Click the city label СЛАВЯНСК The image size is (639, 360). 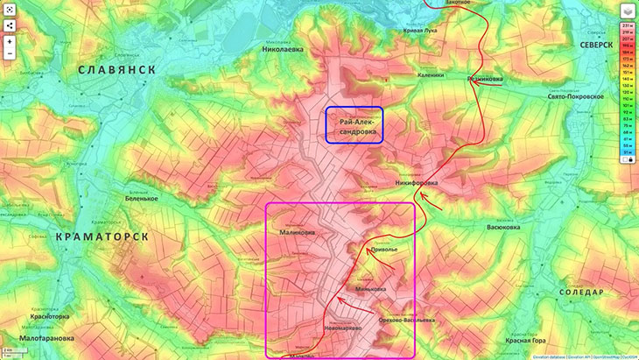116,69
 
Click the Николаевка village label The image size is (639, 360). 283,50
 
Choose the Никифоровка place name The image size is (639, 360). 416,183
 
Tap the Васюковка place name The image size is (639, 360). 506,227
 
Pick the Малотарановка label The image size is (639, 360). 43,337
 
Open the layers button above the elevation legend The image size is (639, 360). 628,11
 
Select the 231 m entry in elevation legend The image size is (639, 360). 628,28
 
